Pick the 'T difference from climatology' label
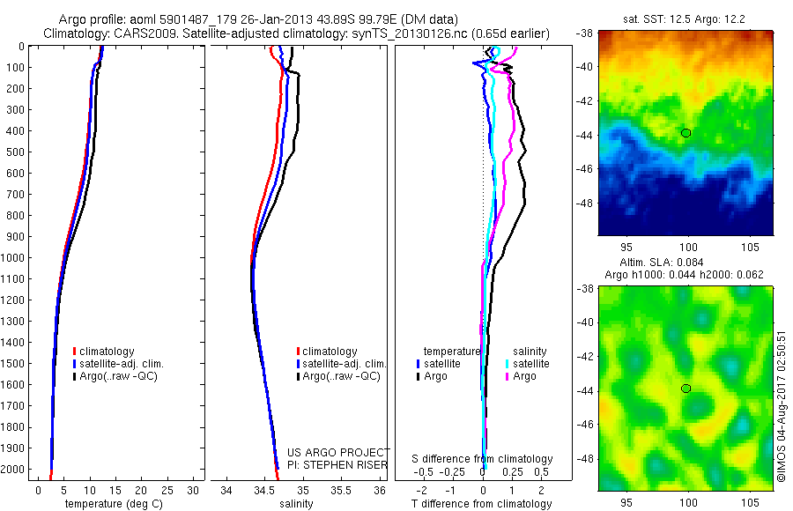tap(482, 504)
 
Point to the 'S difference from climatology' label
tap(482, 459)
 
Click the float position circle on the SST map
tap(686, 133)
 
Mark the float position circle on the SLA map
tap(686, 389)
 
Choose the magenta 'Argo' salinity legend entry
tap(526, 377)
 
